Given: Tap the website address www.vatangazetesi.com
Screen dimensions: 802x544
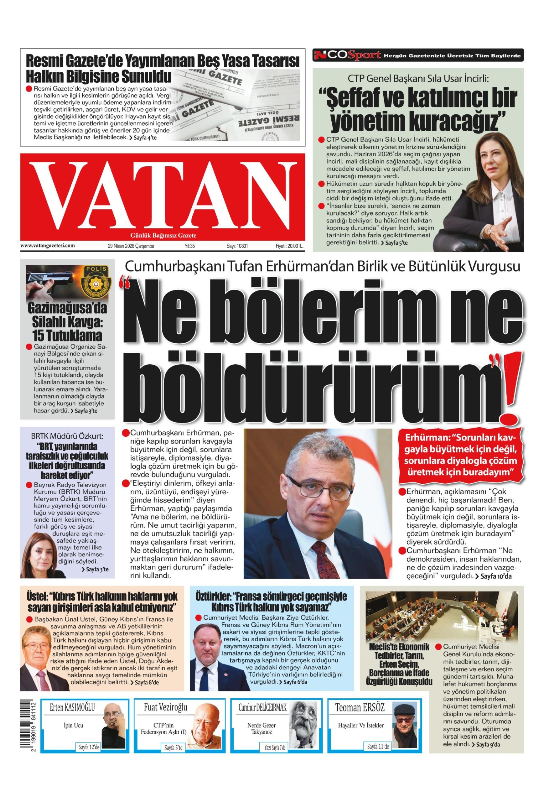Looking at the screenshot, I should [48, 246].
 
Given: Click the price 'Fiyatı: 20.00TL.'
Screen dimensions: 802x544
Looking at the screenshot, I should [289, 246].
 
